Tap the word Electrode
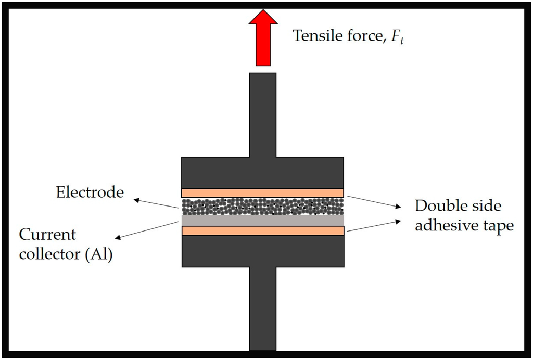click(90, 192)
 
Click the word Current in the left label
click(48, 234)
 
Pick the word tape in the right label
click(497, 227)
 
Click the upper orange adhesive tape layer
click(262, 192)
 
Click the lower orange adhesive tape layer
click(262, 230)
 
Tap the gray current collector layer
click(262, 220)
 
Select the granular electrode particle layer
click(262, 206)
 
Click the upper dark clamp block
click(262, 172)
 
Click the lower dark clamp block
click(262, 251)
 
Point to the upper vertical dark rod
click(263, 114)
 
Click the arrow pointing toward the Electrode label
click(156, 203)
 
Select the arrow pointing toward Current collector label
click(146, 230)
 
